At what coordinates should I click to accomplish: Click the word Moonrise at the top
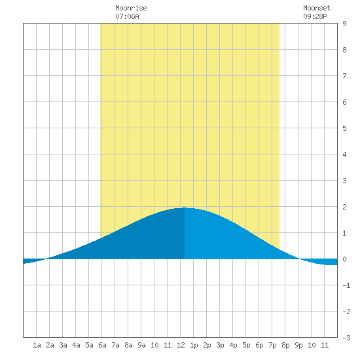coord(131,8)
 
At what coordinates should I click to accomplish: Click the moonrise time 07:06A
coord(127,16)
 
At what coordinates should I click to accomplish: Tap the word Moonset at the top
coord(317,8)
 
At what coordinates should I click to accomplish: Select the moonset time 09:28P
coord(315,16)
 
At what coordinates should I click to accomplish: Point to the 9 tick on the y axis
coord(344,24)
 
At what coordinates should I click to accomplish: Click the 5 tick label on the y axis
coord(344,128)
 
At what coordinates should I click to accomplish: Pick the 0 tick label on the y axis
coord(344,259)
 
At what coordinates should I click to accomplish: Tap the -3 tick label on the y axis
coord(346,338)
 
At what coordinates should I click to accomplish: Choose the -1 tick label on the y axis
coord(346,285)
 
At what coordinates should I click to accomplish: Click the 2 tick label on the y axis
coord(344,207)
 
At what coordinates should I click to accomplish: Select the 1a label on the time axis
coord(37,345)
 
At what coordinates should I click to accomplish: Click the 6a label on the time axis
coord(102,345)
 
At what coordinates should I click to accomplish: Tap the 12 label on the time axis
coord(181,345)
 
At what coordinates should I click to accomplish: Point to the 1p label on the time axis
coord(194,345)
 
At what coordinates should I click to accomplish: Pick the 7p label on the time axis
coord(272,345)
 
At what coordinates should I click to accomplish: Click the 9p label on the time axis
coord(298,345)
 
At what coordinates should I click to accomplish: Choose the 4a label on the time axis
coord(76,345)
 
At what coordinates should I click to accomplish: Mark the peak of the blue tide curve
coord(185,207)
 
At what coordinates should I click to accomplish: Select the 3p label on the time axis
coord(220,345)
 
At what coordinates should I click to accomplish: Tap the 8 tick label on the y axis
coord(344,50)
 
